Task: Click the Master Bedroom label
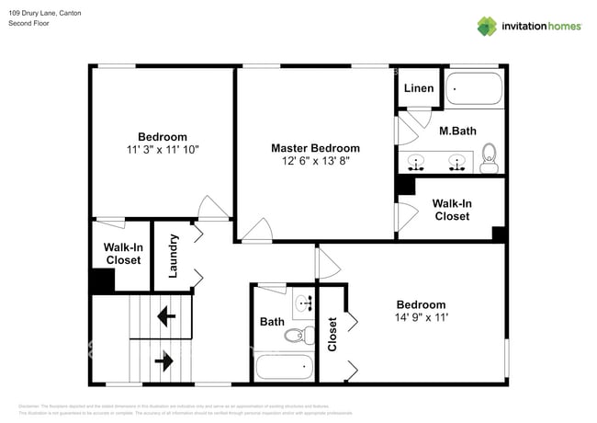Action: (x=315, y=148)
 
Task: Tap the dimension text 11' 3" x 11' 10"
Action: (x=163, y=149)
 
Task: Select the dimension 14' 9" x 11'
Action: (x=421, y=318)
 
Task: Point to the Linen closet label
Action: (x=418, y=89)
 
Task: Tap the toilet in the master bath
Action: (x=490, y=159)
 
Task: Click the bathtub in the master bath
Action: (x=474, y=90)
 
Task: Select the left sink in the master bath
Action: (x=417, y=164)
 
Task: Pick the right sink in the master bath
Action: (x=456, y=164)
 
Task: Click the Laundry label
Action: (x=173, y=256)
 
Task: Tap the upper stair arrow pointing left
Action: (x=166, y=318)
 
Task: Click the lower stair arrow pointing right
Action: (x=165, y=361)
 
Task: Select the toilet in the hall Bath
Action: (x=296, y=337)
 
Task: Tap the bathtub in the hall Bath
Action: (x=285, y=368)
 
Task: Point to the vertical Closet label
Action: (x=332, y=335)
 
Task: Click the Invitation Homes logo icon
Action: (x=487, y=26)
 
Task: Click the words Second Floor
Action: (x=30, y=23)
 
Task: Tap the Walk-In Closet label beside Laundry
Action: (x=122, y=254)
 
